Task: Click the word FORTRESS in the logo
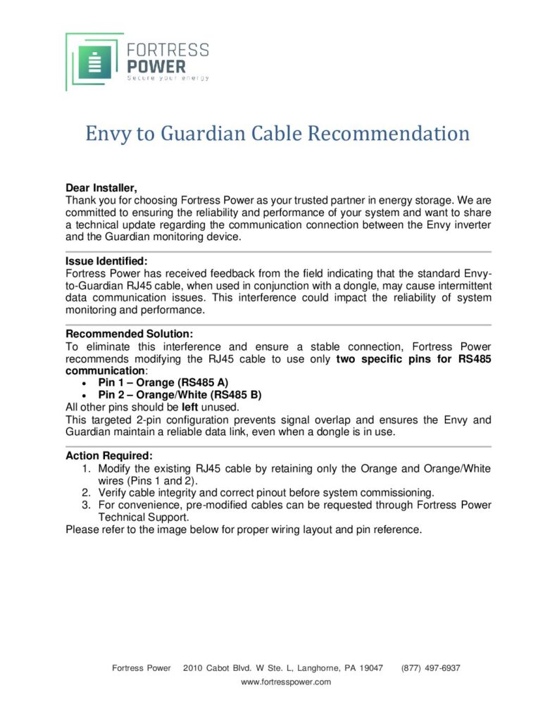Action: click(167, 50)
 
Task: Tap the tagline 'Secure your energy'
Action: click(168, 78)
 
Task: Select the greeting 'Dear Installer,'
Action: click(101, 188)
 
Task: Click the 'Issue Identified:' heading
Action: click(106, 261)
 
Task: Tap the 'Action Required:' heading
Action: click(108, 456)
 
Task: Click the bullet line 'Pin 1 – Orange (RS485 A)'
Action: click(163, 382)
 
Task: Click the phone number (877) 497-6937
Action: click(430, 667)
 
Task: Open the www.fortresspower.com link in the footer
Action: click(286, 682)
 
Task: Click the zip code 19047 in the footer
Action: click(370, 667)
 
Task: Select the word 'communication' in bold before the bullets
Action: click(105, 370)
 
